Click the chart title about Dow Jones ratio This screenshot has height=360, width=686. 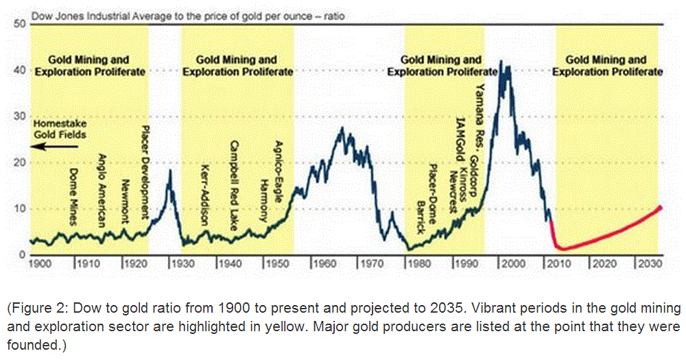188,16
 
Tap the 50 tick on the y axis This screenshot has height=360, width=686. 20,23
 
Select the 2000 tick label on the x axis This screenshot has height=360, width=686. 512,264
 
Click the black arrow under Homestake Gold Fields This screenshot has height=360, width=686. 54,146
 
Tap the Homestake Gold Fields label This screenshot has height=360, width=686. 60,129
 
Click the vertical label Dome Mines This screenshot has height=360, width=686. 73,196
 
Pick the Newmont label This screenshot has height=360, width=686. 125,201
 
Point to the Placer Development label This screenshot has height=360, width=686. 145,172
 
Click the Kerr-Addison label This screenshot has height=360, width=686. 204,195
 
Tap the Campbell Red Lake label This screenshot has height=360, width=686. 234,185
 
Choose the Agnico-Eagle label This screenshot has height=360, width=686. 278,171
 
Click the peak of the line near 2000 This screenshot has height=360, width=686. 501,60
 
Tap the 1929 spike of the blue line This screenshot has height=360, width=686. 170,170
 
